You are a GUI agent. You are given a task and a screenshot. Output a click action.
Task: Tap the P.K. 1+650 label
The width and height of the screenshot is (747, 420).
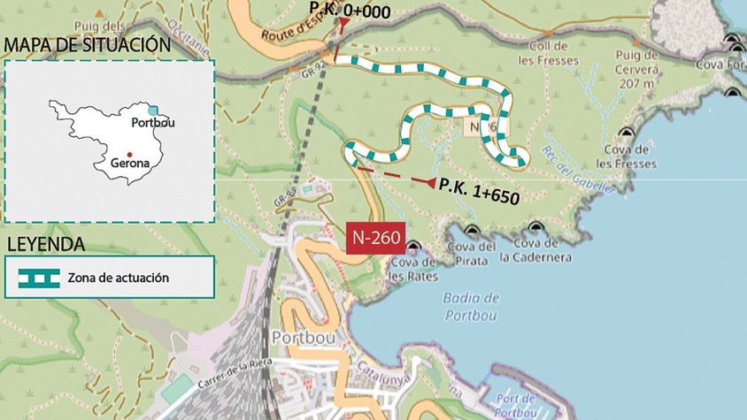click(478, 191)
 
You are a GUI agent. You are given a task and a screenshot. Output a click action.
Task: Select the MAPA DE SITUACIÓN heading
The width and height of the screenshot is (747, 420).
click(87, 44)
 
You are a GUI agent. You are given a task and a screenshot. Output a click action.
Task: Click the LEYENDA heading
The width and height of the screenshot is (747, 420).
click(45, 244)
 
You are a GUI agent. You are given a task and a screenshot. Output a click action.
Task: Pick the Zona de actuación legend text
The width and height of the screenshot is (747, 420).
click(118, 278)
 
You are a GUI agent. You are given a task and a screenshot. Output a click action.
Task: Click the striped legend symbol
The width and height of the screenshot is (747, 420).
click(39, 278)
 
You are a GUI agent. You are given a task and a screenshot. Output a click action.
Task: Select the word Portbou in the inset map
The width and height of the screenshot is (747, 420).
click(152, 123)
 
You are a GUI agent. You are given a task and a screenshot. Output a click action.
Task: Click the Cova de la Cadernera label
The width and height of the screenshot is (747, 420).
click(535, 251)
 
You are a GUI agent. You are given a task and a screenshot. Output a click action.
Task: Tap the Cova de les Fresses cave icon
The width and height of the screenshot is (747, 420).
click(627, 133)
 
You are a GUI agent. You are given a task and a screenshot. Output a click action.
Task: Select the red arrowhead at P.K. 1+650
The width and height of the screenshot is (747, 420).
click(431, 183)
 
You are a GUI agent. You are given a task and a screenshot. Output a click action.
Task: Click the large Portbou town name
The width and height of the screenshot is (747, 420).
click(302, 338)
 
